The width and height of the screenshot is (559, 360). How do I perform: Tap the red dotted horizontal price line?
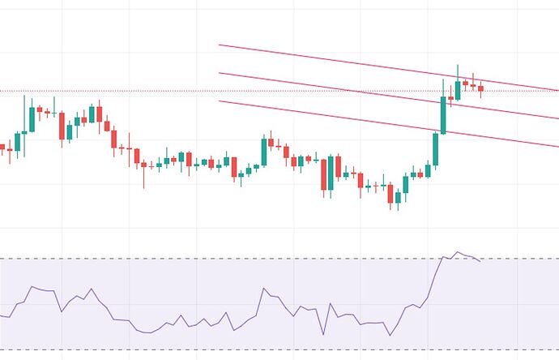(162, 91)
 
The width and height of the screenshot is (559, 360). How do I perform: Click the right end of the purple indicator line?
(480, 261)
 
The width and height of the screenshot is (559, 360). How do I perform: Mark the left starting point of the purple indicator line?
(2, 315)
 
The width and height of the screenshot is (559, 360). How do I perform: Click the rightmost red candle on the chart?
(480, 88)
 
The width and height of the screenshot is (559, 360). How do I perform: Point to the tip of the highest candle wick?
(458, 66)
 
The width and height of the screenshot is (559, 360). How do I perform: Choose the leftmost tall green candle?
(32, 118)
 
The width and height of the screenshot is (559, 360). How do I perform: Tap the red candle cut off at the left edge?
(2, 148)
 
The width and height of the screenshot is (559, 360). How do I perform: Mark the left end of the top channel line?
(219, 45)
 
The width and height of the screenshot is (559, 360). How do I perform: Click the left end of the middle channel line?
(219, 73)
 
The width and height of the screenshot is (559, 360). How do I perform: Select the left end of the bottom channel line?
(219, 101)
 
